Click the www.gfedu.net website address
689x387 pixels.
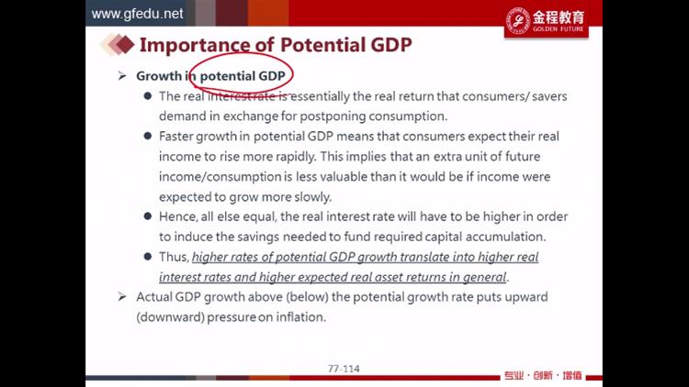(x=137, y=14)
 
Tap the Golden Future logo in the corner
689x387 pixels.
(x=547, y=20)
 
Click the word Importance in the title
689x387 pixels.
(x=194, y=45)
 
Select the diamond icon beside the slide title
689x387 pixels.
(x=118, y=44)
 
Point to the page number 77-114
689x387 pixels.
(x=344, y=369)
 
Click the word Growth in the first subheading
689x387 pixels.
(x=159, y=76)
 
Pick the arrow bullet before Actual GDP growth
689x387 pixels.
(x=122, y=297)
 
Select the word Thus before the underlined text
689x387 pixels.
(x=174, y=257)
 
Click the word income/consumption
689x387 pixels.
(x=220, y=176)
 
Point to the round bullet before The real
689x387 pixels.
(x=148, y=95)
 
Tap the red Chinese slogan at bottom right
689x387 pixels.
(x=543, y=376)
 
